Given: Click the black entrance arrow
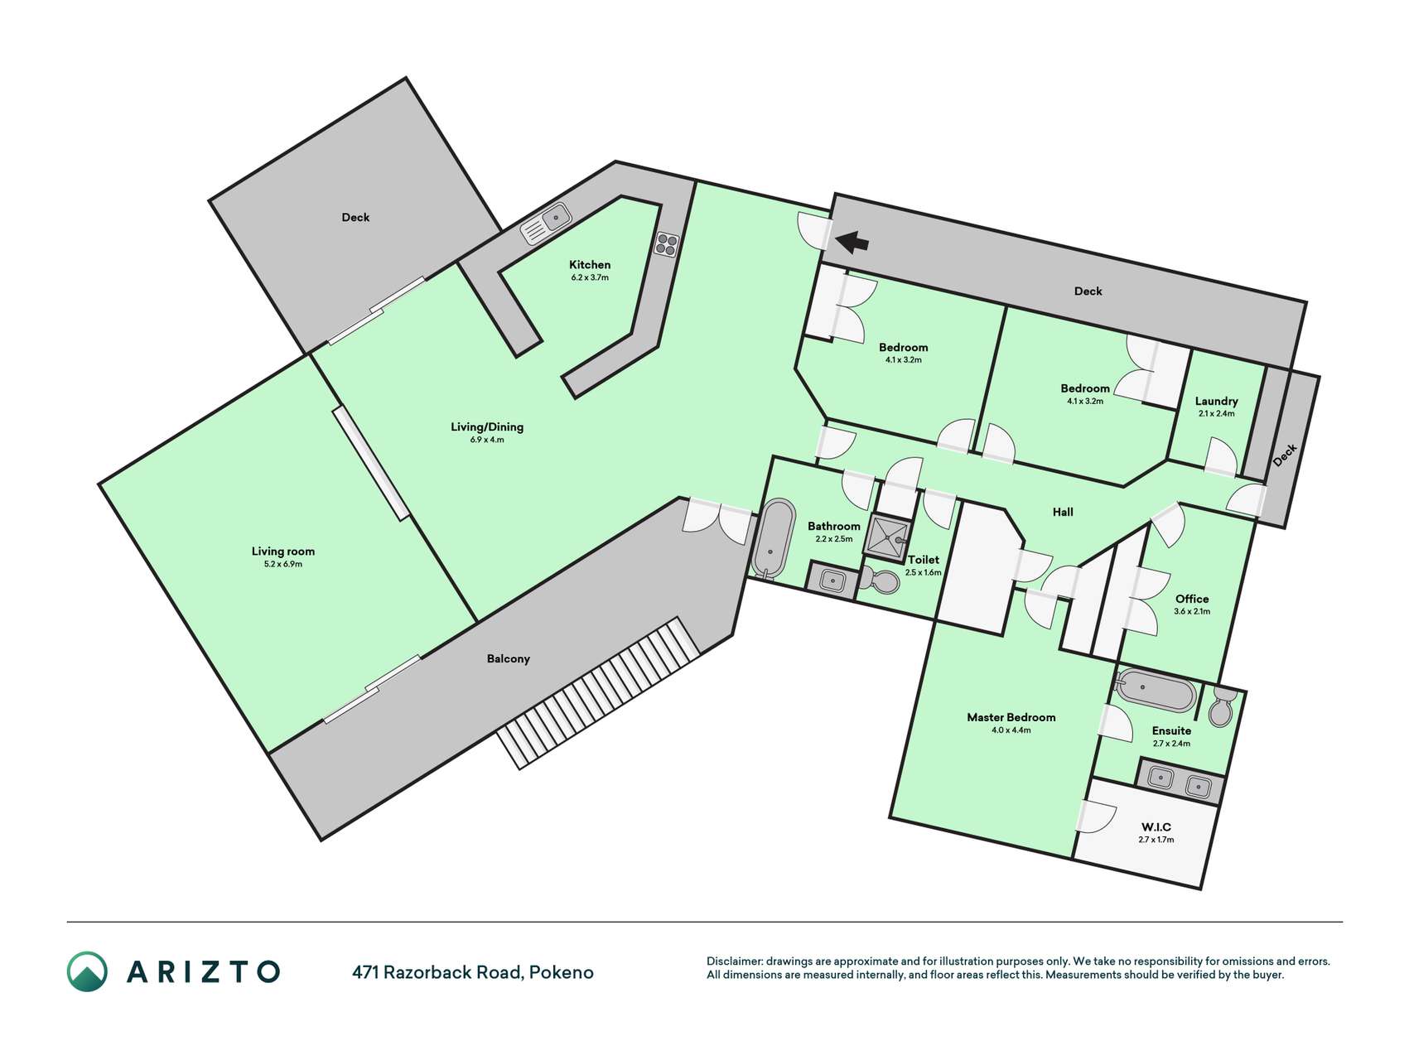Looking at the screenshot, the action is (852, 242).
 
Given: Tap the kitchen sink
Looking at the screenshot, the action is (547, 223).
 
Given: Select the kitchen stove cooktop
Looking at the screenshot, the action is (667, 243).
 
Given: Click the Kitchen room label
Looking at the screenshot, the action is (590, 265).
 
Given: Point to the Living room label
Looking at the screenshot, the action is (283, 552).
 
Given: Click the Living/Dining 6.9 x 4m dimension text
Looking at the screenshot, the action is (487, 440).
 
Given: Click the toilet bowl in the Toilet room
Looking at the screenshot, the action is (881, 581).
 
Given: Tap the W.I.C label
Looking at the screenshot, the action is (1156, 827).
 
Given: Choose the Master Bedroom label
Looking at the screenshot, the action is (1011, 717).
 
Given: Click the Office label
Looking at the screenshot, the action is (1192, 599).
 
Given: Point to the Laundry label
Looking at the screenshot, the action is (1216, 401).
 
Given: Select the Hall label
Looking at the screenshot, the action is (1063, 512).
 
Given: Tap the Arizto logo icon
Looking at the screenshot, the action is (87, 971).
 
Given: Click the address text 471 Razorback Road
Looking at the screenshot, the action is (437, 972).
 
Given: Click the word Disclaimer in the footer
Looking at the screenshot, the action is (734, 961).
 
